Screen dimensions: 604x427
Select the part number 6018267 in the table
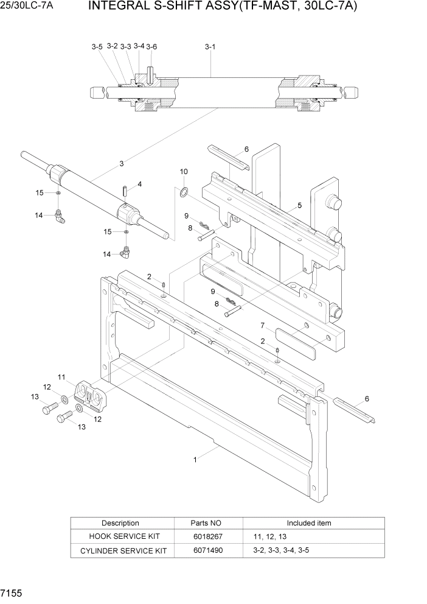[207, 536]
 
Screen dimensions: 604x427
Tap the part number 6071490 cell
[207, 550]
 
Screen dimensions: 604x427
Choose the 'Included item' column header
[309, 523]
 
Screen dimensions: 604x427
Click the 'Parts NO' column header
[207, 523]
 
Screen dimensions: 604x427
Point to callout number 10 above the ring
[184, 172]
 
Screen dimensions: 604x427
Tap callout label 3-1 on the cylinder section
[210, 46]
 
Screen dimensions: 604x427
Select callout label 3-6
[151, 46]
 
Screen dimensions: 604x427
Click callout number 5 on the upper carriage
[299, 205]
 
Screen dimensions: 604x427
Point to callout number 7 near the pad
[263, 325]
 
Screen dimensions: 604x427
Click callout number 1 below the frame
[195, 460]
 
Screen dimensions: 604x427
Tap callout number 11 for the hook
[61, 377]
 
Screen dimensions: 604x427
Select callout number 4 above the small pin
[139, 184]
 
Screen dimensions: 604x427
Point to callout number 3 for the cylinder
[122, 163]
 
